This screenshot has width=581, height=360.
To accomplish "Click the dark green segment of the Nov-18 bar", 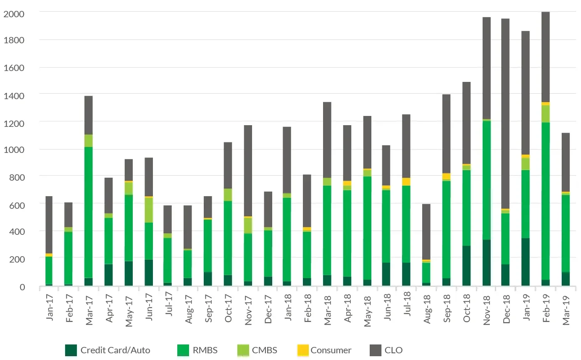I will click(486, 263).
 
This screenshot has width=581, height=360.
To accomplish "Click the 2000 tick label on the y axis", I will click(14, 14).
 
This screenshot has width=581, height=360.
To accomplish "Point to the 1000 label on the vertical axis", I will click(14, 150).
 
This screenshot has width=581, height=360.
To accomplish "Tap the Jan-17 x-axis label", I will click(50, 311).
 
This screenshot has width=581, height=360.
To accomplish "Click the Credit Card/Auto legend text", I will click(115, 350).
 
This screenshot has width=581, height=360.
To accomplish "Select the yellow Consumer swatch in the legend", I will click(302, 350).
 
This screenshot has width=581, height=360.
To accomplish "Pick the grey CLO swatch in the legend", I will click(375, 350).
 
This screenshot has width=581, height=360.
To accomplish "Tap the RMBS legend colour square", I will click(183, 350).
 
